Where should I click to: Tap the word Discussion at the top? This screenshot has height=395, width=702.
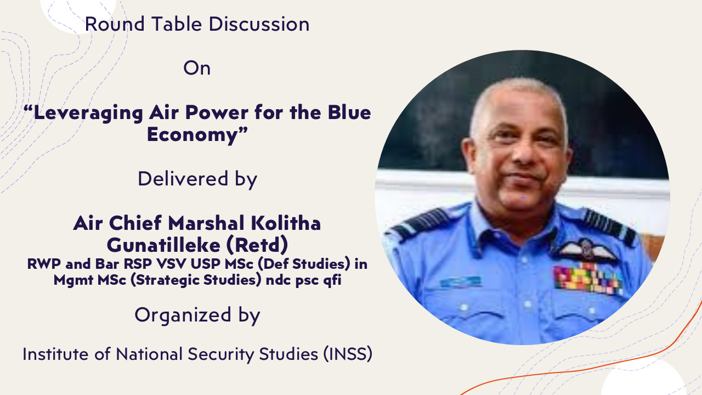coord(259,24)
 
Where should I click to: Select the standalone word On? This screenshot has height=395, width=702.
coord(197,68)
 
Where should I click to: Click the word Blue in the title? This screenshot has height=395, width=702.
coord(349,112)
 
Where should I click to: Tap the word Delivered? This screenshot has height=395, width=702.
coord(183,179)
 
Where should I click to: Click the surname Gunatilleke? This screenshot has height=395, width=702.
coord(163,245)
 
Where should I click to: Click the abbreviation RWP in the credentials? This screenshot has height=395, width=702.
coord(44,264)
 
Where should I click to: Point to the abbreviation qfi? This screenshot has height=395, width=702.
coord(332,280)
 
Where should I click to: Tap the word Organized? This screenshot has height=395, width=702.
coord(183,315)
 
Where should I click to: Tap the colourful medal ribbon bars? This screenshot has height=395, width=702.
coord(588,280)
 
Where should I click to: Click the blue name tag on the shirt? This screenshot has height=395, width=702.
coord(461,281)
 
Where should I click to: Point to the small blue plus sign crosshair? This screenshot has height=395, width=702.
coord(523,198)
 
